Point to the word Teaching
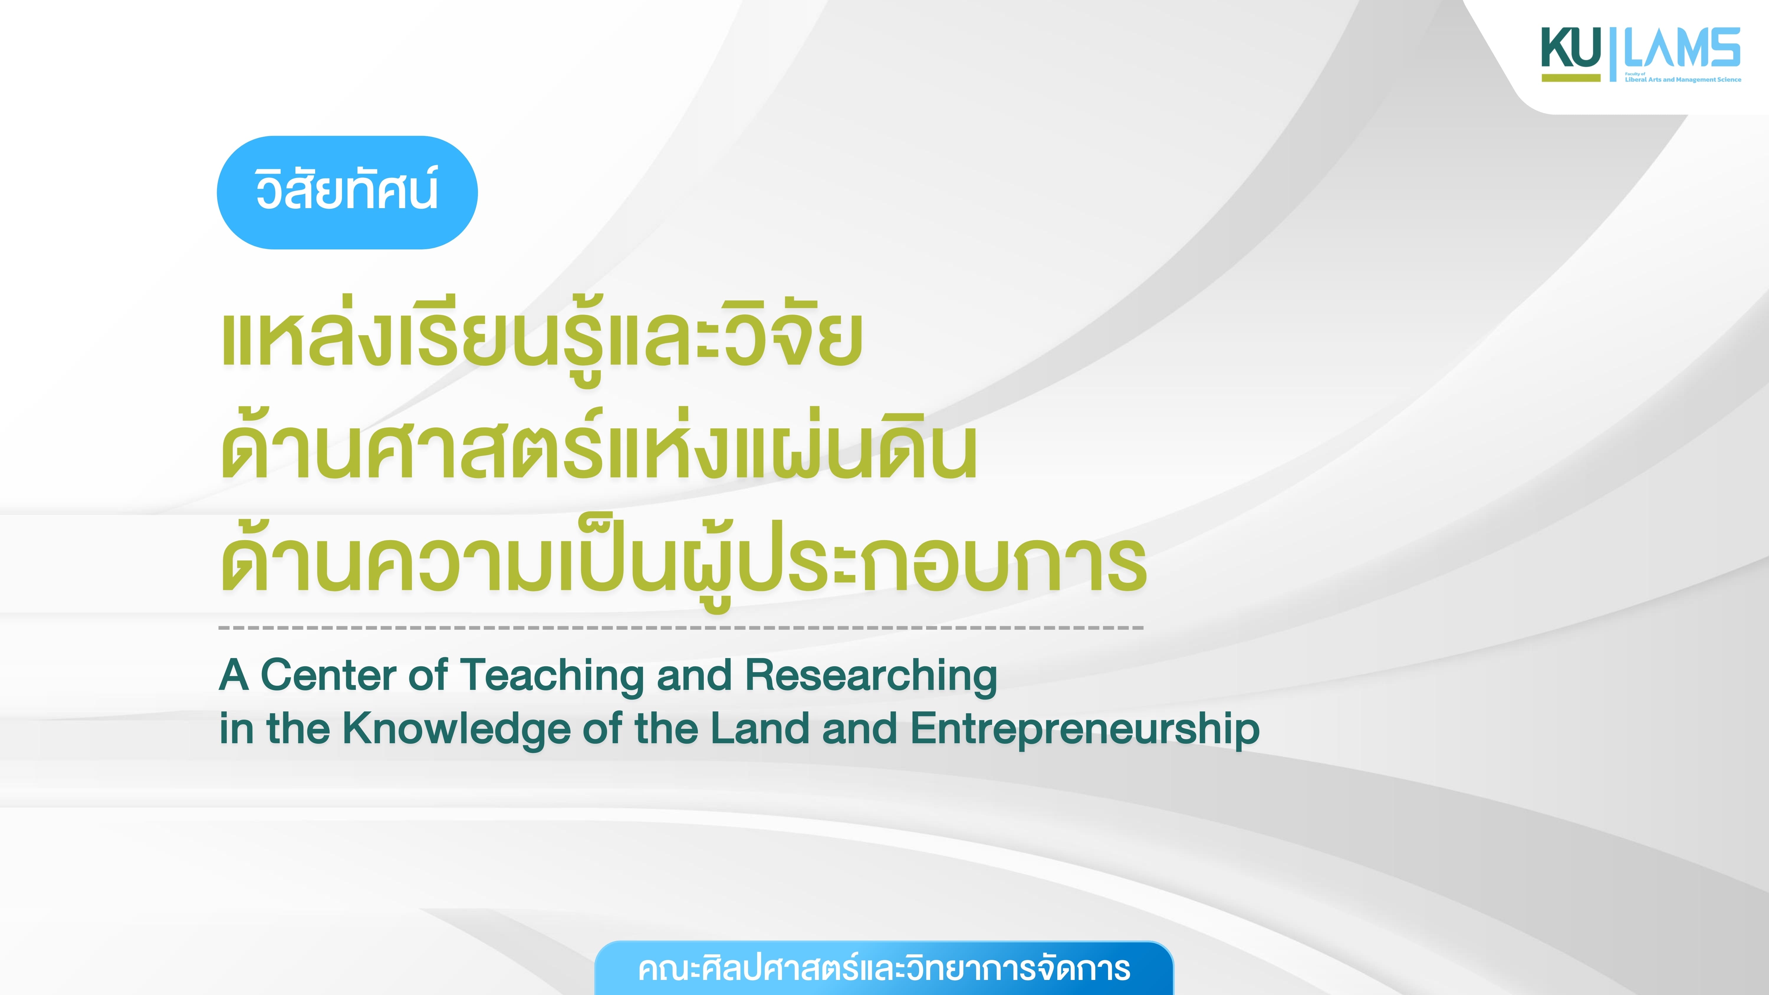553,676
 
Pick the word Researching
871,676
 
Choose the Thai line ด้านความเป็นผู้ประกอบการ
683,560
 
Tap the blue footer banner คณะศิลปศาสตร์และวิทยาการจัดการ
884,968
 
